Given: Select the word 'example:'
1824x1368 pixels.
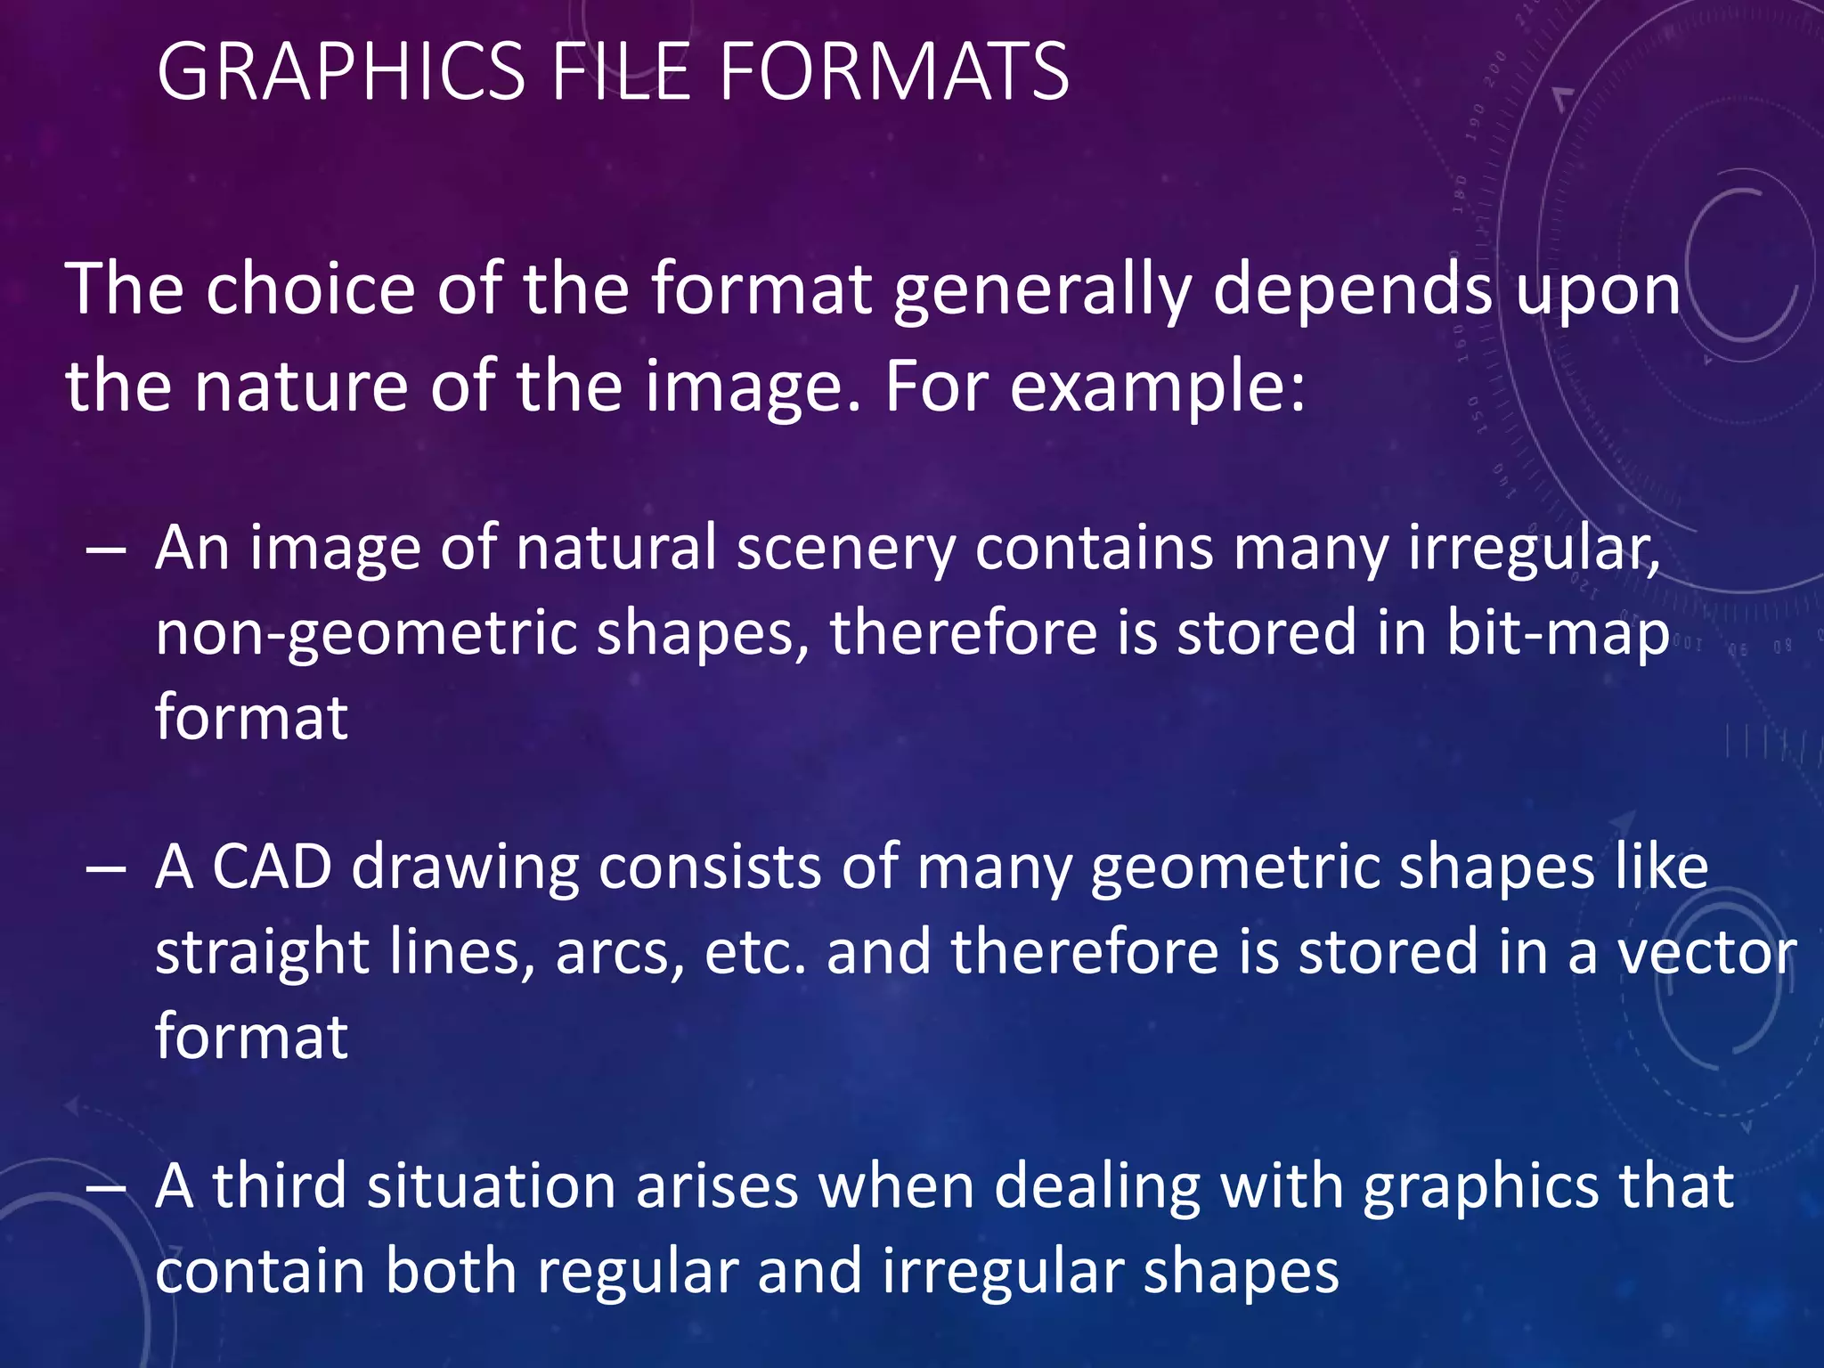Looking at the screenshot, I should click(x=1157, y=388).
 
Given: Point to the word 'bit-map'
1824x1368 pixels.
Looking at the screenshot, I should click(x=1557, y=633).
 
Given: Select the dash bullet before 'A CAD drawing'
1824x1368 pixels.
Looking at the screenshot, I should click(x=106, y=868).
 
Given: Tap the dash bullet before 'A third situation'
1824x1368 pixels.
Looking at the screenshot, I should click(x=106, y=1188).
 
